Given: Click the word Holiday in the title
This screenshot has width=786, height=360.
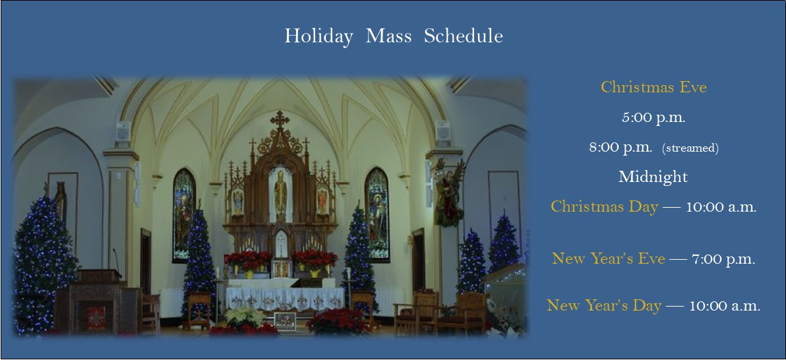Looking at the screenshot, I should click(x=318, y=36).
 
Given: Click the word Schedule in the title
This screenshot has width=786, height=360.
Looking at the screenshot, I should click(x=464, y=36).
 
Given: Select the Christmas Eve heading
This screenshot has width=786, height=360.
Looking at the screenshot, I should click(x=653, y=87).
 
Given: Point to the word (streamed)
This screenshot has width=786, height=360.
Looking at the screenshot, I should click(x=690, y=148).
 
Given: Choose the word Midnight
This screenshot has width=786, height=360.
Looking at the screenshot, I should click(x=653, y=177).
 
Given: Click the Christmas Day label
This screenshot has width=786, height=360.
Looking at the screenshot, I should click(x=604, y=206).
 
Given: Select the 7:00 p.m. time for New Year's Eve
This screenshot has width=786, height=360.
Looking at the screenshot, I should click(x=723, y=259).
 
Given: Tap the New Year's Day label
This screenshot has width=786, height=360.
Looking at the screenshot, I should click(x=603, y=305).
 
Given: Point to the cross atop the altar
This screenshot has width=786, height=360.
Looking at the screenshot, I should click(x=280, y=120).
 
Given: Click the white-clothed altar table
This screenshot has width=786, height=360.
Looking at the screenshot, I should click(x=284, y=297).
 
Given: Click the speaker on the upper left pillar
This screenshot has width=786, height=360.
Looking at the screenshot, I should click(x=123, y=134).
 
